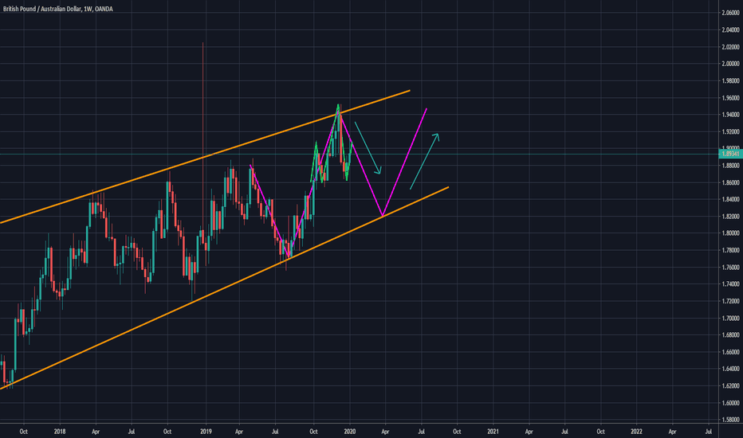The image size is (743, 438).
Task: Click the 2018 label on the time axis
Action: pos(60,432)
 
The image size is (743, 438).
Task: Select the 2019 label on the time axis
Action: pos(205,432)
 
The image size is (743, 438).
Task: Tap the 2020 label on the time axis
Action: pos(349,432)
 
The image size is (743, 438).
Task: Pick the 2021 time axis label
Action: pos(493,432)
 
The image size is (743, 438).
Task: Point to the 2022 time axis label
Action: pos(636,432)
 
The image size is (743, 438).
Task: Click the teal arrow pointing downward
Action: pos(368,148)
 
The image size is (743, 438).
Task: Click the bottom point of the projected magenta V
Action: pos(383,216)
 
